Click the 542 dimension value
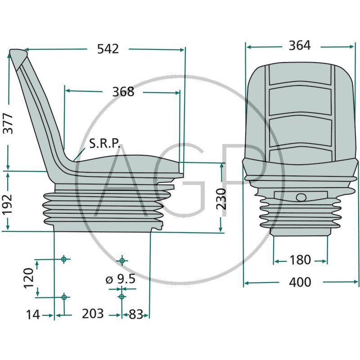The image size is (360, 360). click(x=108, y=49)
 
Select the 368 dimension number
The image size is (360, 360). click(x=123, y=92)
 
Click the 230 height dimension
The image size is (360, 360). click(x=221, y=198)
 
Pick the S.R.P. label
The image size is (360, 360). click(x=104, y=144)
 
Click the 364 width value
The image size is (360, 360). click(x=300, y=45)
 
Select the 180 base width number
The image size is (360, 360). click(x=300, y=260)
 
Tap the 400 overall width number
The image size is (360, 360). click(x=300, y=282)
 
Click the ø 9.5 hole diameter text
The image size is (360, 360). click(x=121, y=279)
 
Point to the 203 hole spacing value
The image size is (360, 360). click(x=93, y=314)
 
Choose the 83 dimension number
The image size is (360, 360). click(x=136, y=314)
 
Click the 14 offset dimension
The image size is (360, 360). click(x=33, y=314)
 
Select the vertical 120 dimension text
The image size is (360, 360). click(x=29, y=278)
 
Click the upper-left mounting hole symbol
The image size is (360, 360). click(x=64, y=259)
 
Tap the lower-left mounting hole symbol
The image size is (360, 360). click(x=64, y=297)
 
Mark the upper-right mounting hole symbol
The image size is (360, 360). click(x=122, y=261)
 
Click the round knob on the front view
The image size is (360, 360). click(x=301, y=197)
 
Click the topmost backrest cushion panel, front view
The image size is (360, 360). click(x=300, y=75)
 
